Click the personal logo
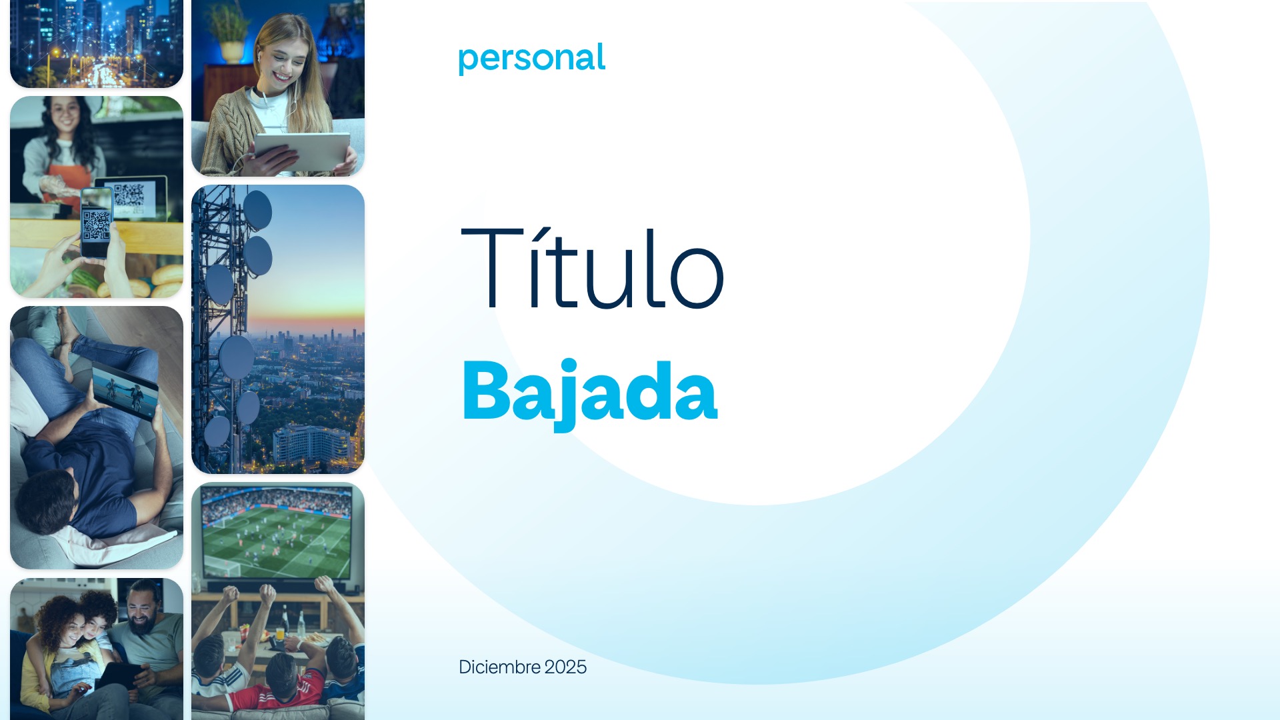point(532,59)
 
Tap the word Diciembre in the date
point(499,667)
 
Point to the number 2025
point(565,667)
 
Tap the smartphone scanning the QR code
point(97,222)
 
